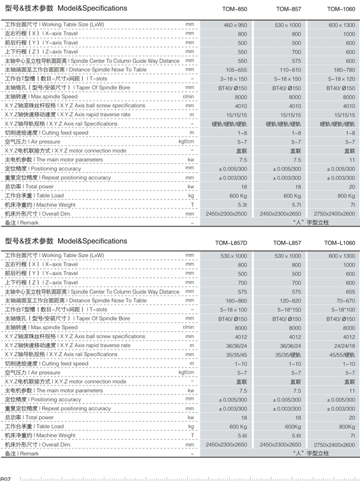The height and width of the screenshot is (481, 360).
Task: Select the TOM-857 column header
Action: point(289,9)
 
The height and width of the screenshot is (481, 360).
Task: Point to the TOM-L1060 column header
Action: point(340,243)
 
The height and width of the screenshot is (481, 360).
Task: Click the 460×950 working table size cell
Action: point(235,25)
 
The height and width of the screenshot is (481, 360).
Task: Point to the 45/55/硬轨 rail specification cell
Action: point(341,354)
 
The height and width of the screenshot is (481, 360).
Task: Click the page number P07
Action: point(7,478)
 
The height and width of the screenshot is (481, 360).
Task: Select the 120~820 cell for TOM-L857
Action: point(290,300)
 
